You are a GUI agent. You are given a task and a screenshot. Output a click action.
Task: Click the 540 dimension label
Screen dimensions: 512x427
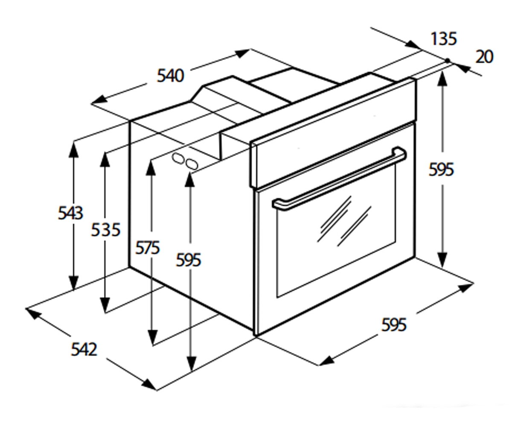(x=170, y=76)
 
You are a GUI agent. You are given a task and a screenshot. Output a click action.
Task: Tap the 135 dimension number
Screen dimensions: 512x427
(x=444, y=39)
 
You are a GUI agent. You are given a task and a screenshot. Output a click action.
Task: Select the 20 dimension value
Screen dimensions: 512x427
(x=485, y=57)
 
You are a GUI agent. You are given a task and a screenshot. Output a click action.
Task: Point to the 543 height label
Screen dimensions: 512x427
(x=71, y=213)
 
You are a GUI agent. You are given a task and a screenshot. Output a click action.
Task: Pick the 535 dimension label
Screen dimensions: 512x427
(x=106, y=230)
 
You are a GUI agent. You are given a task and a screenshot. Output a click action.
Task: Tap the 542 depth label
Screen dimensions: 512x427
(x=84, y=349)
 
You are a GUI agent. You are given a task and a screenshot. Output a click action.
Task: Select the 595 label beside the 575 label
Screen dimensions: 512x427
(x=188, y=260)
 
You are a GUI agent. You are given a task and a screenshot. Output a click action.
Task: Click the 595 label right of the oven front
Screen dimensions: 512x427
(x=441, y=170)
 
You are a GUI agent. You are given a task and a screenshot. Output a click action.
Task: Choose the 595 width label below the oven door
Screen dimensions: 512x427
(x=394, y=325)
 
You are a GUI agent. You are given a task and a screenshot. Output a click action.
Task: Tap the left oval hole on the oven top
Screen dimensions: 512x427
(x=178, y=159)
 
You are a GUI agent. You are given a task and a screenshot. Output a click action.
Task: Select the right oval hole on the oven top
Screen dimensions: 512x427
(x=192, y=164)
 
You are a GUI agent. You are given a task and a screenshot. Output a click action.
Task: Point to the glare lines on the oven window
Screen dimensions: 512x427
(x=344, y=221)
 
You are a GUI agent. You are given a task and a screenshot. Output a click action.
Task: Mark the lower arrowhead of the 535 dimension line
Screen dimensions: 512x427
(x=105, y=304)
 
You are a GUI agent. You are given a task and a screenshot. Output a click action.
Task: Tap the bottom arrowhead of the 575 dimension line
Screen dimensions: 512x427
(x=152, y=337)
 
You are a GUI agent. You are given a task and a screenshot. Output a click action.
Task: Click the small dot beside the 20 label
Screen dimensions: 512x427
(x=448, y=60)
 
